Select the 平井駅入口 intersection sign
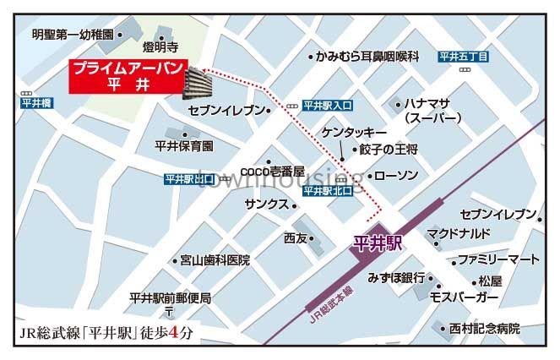pos(327,106)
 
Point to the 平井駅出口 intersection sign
pos(189,179)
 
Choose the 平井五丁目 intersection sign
pos(464,57)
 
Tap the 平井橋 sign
pos(35,103)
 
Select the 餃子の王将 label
pos(389,150)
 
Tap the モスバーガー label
pos(464,298)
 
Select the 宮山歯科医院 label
pos(215,260)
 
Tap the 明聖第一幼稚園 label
pos(72,35)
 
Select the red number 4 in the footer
pos(175,332)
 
